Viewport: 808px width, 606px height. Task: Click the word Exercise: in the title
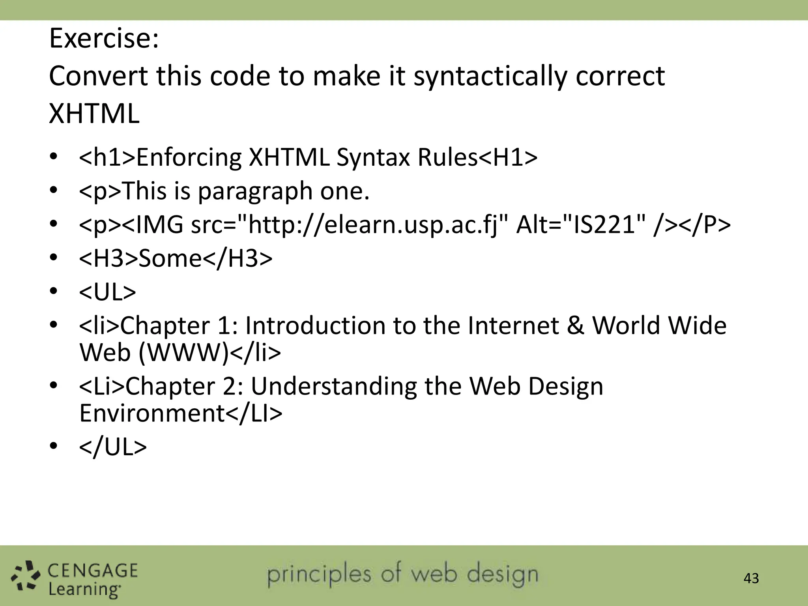104,39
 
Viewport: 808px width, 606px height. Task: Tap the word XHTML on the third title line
94,114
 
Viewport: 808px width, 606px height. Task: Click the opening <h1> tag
107,157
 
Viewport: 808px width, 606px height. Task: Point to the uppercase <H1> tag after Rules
508,157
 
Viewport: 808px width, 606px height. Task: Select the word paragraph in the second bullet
255,191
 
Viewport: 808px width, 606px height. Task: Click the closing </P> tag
706,225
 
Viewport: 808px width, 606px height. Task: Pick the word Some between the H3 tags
170,258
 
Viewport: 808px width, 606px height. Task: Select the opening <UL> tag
107,292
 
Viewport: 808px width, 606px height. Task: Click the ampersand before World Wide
576,326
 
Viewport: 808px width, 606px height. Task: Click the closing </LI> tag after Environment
254,413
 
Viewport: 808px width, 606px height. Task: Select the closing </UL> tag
113,447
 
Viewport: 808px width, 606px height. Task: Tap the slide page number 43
751,578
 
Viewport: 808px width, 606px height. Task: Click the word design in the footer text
502,575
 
